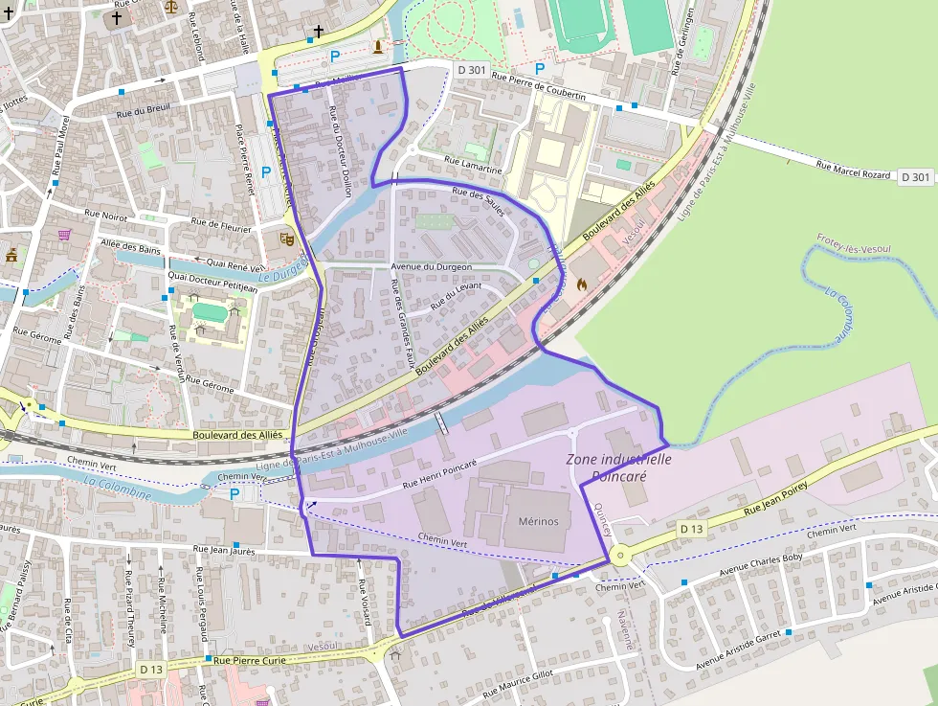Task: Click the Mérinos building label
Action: pyautogui.click(x=537, y=521)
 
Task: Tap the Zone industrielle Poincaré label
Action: pyautogui.click(x=619, y=467)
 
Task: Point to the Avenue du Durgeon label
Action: pyautogui.click(x=432, y=266)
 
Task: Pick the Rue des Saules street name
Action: pyautogui.click(x=478, y=203)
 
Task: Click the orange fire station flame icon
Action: pyautogui.click(x=579, y=284)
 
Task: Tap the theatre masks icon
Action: pyautogui.click(x=285, y=237)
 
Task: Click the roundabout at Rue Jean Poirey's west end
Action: pyautogui.click(x=619, y=555)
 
